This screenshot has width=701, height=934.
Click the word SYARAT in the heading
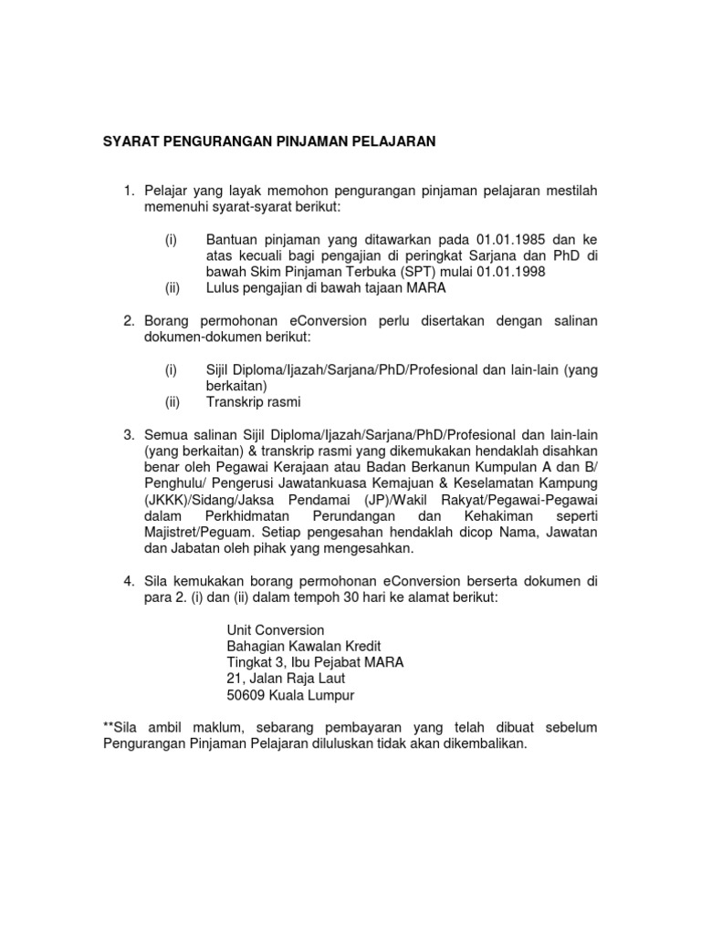[128, 141]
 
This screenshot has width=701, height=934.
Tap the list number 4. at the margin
[130, 580]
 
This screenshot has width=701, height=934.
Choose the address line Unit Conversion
[274, 629]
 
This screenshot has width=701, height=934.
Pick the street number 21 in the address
[234, 679]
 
